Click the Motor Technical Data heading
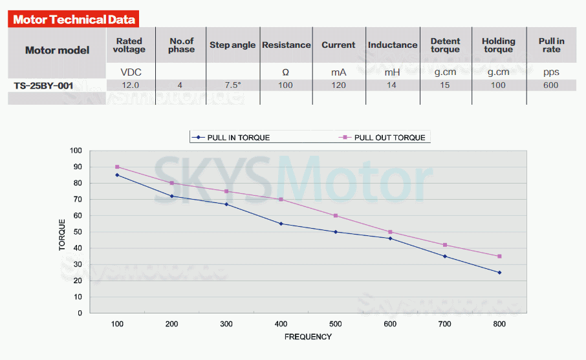(74, 19)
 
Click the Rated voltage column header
(129, 45)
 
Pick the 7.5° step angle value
(232, 85)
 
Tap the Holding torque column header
(498, 45)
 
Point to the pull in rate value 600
(551, 85)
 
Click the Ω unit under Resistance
(285, 72)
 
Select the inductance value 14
(391, 85)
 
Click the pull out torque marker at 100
(117, 167)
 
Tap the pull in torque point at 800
(499, 272)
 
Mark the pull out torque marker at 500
(336, 216)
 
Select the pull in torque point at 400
(281, 224)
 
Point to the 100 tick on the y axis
(76, 151)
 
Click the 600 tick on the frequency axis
(390, 323)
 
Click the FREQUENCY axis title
(308, 337)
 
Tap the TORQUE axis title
(62, 234)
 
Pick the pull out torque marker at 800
(499, 256)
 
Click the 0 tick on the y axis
(80, 313)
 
